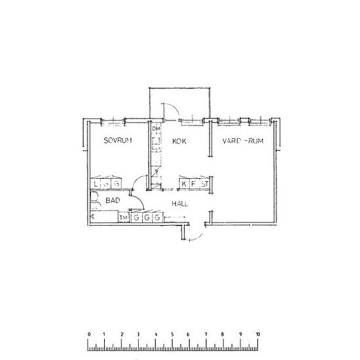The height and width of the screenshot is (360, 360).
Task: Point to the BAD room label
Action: click(113, 202)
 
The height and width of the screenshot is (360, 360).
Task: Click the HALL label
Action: click(180, 204)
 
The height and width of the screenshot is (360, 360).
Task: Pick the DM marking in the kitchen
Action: click(156, 129)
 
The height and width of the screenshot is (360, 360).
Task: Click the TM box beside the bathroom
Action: click(124, 217)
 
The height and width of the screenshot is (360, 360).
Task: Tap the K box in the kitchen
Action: click(184, 185)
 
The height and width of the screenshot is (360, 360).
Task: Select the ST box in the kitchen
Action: click(204, 185)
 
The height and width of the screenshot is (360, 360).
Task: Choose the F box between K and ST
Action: click(194, 185)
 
